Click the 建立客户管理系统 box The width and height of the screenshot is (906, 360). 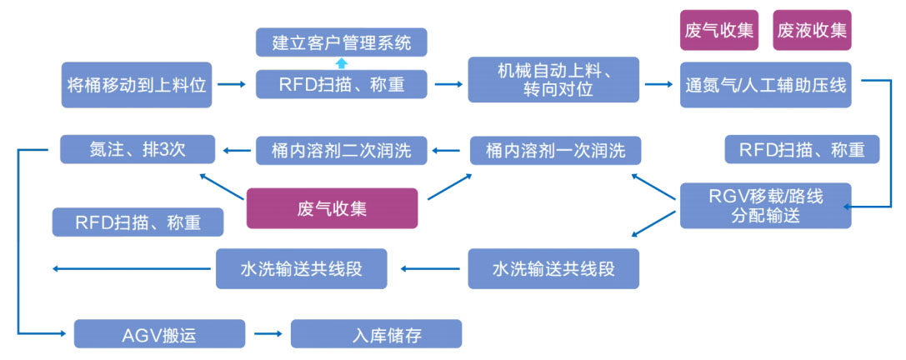point(341,41)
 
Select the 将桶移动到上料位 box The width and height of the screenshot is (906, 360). point(137,84)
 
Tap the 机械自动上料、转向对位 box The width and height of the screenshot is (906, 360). point(553,81)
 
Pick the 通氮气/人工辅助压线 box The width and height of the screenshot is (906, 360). point(765,84)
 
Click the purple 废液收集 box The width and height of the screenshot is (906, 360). point(812,31)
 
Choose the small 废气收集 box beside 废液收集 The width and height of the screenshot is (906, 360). point(718,31)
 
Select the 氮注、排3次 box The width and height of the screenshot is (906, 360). point(138,150)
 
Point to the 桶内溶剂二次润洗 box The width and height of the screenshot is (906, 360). point(341,150)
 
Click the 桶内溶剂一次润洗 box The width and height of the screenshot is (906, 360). point(553,150)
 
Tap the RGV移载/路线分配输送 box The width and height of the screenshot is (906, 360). point(765,205)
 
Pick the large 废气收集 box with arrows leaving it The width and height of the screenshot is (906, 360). point(331,208)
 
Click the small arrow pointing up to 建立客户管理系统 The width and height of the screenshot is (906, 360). point(340,62)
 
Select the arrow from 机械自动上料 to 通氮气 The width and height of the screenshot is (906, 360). point(659,84)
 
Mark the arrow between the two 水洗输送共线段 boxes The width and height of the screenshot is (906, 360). point(432,269)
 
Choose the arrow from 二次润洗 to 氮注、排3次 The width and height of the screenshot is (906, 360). point(237,151)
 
